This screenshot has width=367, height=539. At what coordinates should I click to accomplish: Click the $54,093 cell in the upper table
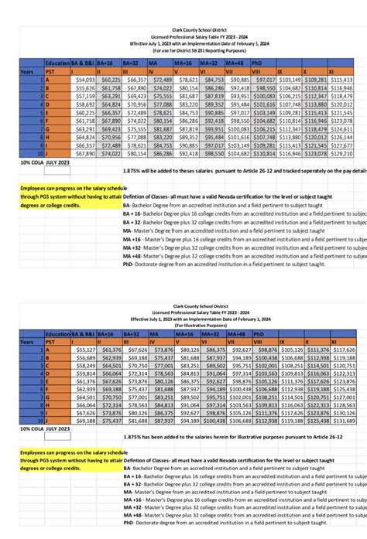pos(83,80)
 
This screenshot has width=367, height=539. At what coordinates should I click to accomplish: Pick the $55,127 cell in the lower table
pos(83,350)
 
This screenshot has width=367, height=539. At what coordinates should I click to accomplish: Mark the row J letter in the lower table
pos(48,423)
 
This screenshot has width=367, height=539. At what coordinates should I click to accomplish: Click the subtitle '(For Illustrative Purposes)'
pos(183,326)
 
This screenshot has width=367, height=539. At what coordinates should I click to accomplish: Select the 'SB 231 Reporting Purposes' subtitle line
pos(183,51)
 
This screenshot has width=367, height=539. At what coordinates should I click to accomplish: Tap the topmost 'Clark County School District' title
pos(183,29)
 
